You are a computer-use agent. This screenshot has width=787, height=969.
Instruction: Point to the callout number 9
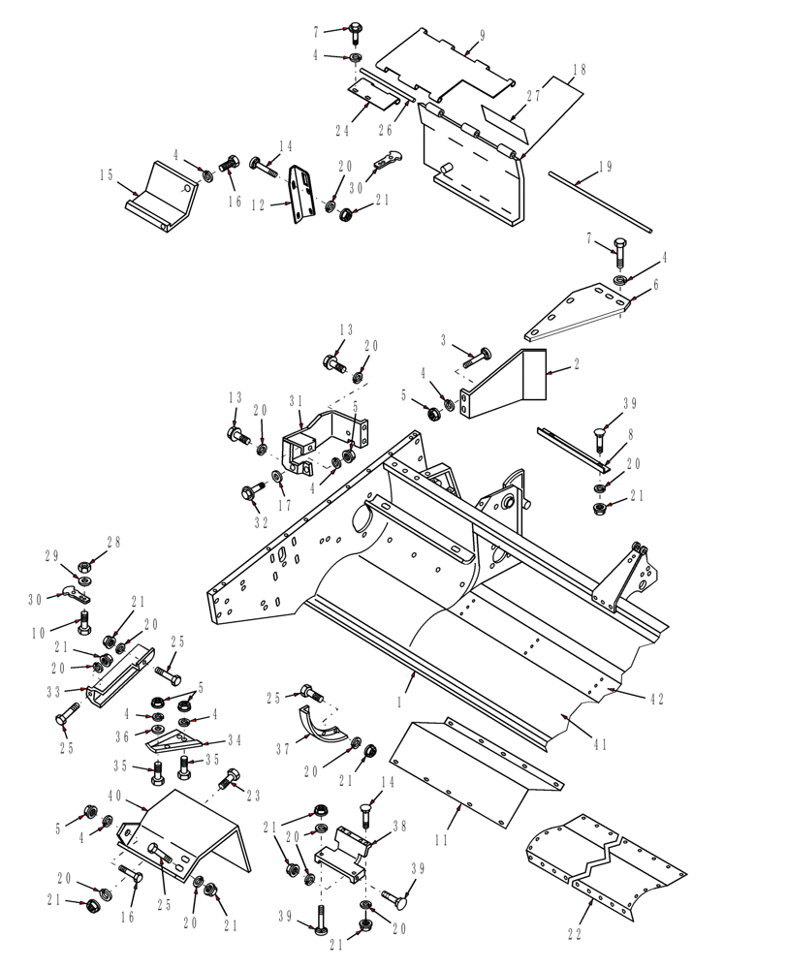click(x=482, y=36)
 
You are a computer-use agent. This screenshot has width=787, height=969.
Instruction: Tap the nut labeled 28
click(x=85, y=563)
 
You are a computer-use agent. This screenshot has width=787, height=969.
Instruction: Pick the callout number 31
click(x=296, y=400)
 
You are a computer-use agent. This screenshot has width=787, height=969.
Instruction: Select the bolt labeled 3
click(x=476, y=359)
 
